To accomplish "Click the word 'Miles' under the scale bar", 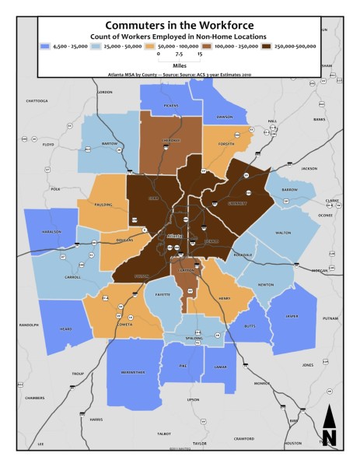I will pyautogui.click(x=180, y=65).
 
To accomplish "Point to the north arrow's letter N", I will pyautogui.click(x=329, y=437).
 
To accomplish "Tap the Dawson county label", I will pyautogui.click(x=225, y=117).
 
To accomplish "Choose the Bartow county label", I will pyautogui.click(x=109, y=144).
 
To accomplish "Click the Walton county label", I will pyautogui.click(x=283, y=231).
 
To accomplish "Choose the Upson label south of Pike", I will pyautogui.click(x=194, y=399).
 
